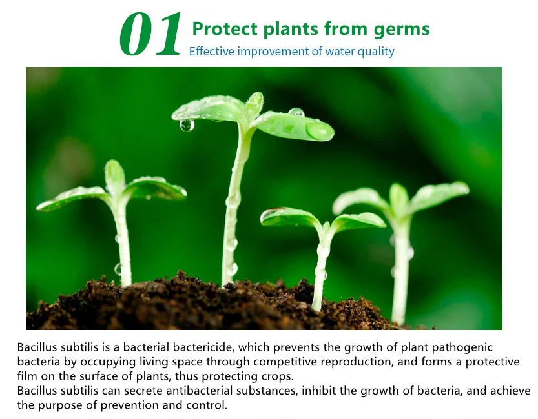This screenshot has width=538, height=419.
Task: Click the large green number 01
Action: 150,34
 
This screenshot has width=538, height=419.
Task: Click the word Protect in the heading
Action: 225,28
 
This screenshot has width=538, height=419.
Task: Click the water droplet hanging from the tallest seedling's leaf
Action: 187,125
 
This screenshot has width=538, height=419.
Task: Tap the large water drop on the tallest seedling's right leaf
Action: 319,131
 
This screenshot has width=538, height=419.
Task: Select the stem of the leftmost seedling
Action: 122,240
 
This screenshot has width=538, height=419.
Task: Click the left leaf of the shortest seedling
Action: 290,217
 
